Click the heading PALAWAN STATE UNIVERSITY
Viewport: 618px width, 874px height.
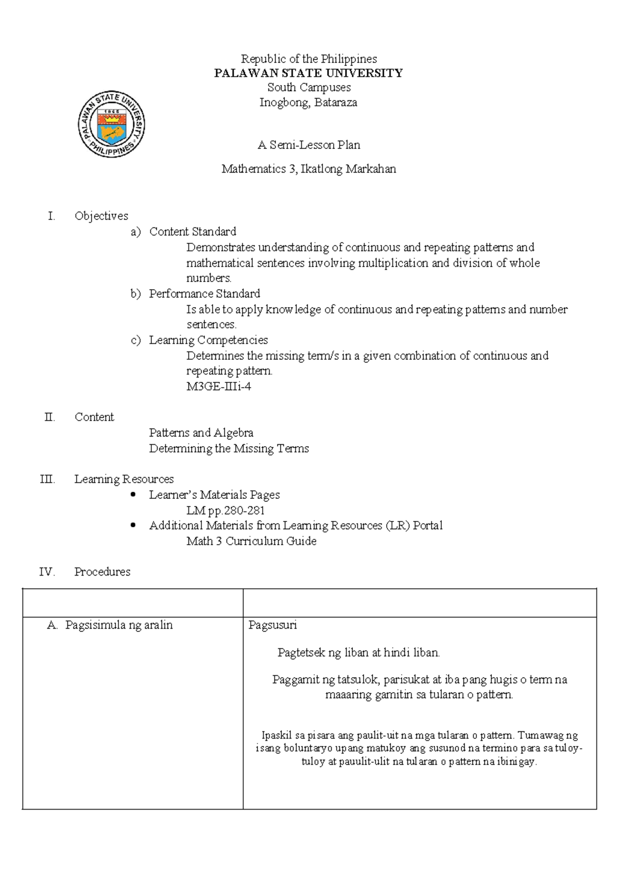point(308,73)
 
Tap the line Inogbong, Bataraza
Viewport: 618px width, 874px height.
point(308,102)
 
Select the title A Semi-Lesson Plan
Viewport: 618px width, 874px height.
point(308,145)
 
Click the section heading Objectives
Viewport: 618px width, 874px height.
point(101,216)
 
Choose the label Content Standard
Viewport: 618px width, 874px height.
point(193,231)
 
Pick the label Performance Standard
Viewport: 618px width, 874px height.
point(204,293)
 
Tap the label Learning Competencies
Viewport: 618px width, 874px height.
point(208,340)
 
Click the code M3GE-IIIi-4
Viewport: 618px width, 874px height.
point(218,386)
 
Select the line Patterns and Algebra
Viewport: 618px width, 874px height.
point(201,432)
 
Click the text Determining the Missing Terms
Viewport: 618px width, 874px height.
point(229,448)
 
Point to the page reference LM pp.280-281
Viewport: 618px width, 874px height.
point(225,510)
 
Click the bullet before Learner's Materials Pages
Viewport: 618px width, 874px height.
point(133,494)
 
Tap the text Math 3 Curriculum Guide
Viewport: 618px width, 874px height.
point(251,541)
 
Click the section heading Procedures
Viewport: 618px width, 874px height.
point(102,572)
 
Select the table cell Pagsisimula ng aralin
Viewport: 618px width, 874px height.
point(118,625)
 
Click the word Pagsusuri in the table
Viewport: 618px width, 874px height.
point(272,625)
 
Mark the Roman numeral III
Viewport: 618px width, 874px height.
point(47,479)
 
